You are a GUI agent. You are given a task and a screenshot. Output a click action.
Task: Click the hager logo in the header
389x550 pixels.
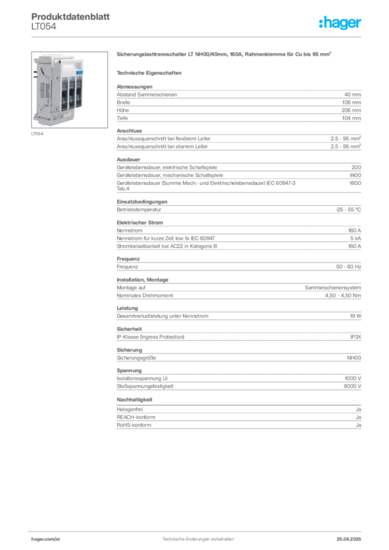tap(340, 23)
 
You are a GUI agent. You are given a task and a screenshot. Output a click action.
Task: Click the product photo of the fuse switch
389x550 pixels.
tap(69, 90)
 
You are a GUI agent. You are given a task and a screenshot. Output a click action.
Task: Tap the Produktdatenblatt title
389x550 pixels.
tap(70, 17)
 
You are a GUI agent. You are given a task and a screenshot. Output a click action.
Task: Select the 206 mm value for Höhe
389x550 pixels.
tap(351, 110)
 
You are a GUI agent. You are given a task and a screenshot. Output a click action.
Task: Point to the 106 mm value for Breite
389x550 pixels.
tap(351, 103)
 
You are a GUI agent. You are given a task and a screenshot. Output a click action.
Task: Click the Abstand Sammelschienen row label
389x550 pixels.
tap(147, 95)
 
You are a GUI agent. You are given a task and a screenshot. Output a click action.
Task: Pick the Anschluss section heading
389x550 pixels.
tap(129, 131)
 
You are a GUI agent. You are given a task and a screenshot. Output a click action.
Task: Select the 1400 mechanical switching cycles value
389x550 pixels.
tap(355, 175)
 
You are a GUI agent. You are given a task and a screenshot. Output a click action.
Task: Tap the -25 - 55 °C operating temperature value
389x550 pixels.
tap(348, 209)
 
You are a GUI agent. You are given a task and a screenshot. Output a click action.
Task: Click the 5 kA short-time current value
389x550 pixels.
tap(356, 238)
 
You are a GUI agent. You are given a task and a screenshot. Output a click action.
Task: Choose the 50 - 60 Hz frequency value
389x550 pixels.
tap(349, 266)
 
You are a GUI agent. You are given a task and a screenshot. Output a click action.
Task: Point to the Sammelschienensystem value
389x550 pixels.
tap(333, 288)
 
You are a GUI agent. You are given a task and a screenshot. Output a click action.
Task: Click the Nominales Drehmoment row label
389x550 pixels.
tap(145, 295)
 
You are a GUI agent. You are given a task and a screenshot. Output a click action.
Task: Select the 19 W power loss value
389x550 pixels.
tap(356, 316)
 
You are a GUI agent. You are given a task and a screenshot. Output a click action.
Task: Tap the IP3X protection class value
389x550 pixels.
tap(356, 337)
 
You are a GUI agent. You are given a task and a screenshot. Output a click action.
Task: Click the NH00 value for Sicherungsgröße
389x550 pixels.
tap(354, 358)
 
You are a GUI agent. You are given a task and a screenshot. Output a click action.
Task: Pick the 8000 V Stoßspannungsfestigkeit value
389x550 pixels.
tap(352, 386)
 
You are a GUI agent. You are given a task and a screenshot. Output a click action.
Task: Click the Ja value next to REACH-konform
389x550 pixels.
tap(358, 417)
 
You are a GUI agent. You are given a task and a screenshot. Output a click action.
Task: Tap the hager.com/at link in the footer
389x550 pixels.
tap(46, 539)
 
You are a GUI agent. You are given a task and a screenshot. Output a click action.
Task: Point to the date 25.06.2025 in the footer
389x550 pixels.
tap(349, 539)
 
